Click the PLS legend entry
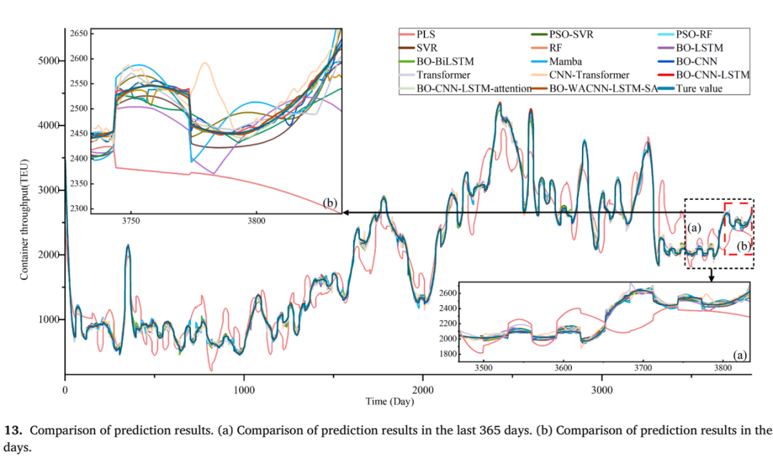(x=417, y=34)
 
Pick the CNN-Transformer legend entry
(x=580, y=75)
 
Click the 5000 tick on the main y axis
(x=49, y=61)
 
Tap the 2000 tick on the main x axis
(x=423, y=390)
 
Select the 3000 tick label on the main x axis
(x=602, y=390)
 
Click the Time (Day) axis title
(x=389, y=402)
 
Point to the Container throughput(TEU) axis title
(x=24, y=219)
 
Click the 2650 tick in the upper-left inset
(x=79, y=34)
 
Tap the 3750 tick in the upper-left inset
(x=131, y=221)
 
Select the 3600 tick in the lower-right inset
(x=563, y=368)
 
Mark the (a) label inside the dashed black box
(x=694, y=228)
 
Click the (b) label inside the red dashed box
(x=744, y=246)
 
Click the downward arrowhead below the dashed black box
(x=711, y=278)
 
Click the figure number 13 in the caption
(x=13, y=430)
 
